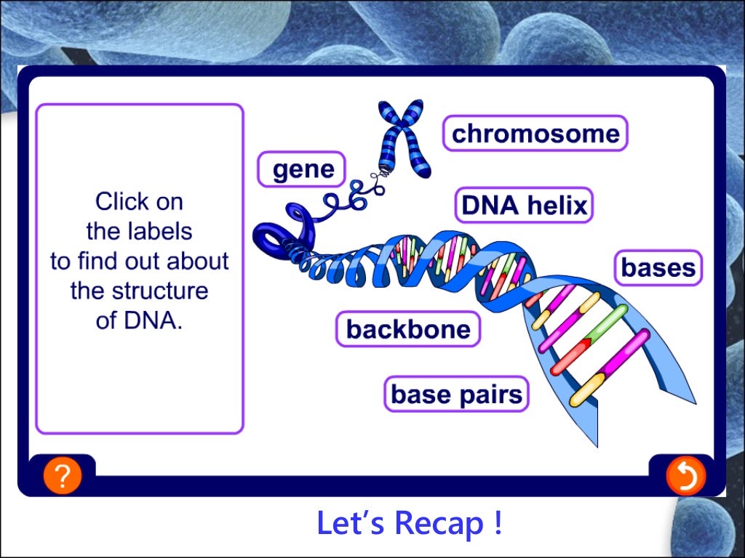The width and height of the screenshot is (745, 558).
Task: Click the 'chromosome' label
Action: pyautogui.click(x=535, y=134)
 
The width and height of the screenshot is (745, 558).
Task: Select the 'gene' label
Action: pyautogui.click(x=303, y=169)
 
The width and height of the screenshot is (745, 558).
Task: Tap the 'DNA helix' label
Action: pyautogui.click(x=524, y=206)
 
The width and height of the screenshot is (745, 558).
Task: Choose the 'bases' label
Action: pyautogui.click(x=658, y=268)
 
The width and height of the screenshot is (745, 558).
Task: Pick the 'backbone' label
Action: pyautogui.click(x=407, y=329)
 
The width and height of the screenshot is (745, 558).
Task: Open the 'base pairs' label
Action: pyautogui.click(x=456, y=394)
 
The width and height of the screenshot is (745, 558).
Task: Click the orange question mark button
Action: pyautogui.click(x=63, y=476)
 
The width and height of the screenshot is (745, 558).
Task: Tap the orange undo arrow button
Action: pyautogui.click(x=685, y=477)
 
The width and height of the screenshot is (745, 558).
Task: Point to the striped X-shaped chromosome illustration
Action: pyautogui.click(x=402, y=138)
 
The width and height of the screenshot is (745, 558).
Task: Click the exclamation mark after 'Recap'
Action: pyautogui.click(x=496, y=523)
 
